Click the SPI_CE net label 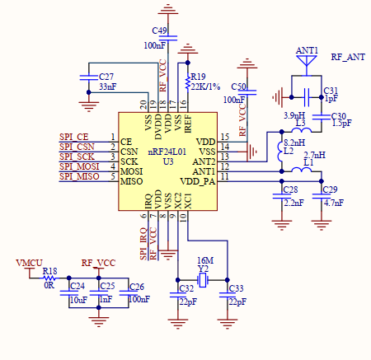click(73, 136)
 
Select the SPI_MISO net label click(77, 176)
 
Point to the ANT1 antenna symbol click(307, 56)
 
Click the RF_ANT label click(347, 57)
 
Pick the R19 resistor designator click(199, 76)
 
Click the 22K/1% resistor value click(203, 85)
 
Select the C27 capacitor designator click(107, 76)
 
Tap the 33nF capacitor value click(107, 86)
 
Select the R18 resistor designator click(50, 270)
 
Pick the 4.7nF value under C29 click(334, 201)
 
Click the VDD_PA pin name click(198, 180)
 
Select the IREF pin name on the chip click(188, 124)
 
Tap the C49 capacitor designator click(160, 30)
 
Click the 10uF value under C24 click(77, 300)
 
